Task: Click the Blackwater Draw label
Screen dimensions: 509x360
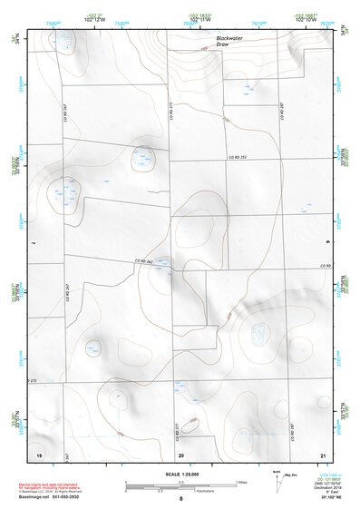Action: pyautogui.click(x=230, y=41)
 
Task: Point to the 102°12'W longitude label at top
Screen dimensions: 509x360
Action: pyautogui.click(x=96, y=22)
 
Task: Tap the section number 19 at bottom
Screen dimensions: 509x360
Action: pyautogui.click(x=39, y=453)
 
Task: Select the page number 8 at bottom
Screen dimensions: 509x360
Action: pyautogui.click(x=180, y=498)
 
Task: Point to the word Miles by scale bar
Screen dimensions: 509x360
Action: pyautogui.click(x=240, y=481)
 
